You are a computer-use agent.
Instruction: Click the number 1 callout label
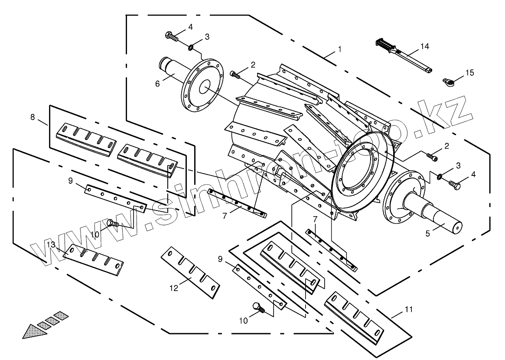click(x=339, y=49)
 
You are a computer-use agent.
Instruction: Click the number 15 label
click(x=470, y=72)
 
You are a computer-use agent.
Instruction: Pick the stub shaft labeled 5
click(x=438, y=212)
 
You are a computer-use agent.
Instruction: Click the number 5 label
click(x=427, y=233)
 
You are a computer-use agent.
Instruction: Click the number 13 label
click(x=51, y=245)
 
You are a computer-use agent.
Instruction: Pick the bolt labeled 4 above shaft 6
click(x=172, y=36)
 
